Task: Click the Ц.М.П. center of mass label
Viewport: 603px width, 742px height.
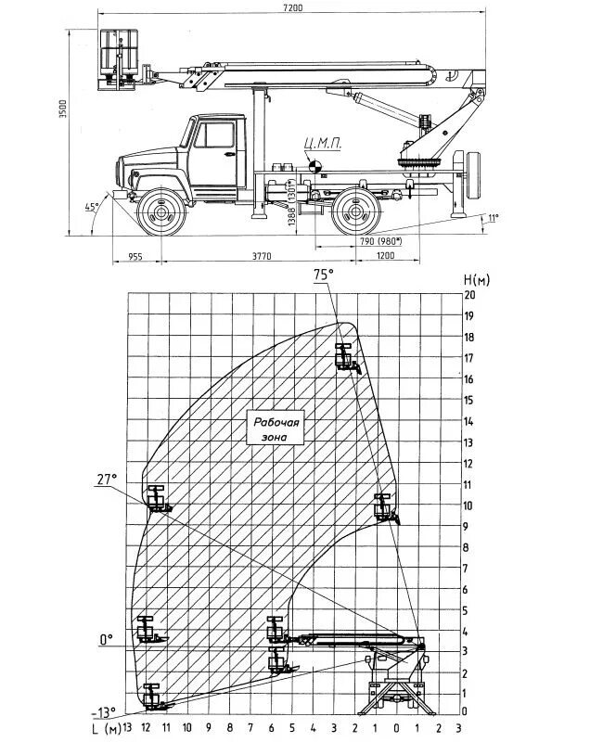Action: point(316,144)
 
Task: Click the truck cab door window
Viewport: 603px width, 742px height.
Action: point(219,134)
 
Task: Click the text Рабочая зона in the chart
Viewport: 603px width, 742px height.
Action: point(276,429)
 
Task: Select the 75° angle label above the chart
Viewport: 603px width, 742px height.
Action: point(322,275)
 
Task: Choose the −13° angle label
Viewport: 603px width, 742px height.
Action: point(104,712)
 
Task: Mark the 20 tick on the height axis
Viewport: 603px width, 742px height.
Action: point(469,295)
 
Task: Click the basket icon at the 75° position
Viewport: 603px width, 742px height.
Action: point(346,357)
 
